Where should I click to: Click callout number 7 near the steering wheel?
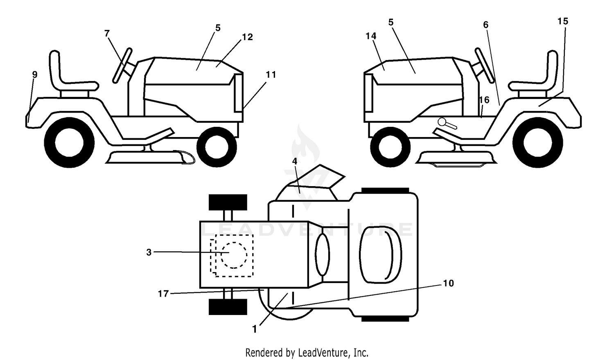coord(107,34)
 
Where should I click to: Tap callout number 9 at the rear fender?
coord(34,74)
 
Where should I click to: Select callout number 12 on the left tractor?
coord(247,37)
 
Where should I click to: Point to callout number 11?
coord(271,74)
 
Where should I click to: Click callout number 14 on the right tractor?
coord(371,36)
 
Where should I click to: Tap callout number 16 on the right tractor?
coord(484,100)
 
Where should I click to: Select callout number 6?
coord(486,25)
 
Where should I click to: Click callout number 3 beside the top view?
coord(149,252)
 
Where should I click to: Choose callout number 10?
coord(449,283)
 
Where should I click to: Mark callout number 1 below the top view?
coord(255,329)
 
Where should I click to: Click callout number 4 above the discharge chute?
coord(295,161)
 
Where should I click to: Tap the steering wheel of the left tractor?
coord(122,65)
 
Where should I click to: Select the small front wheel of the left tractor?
coord(217,147)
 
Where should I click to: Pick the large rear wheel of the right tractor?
coord(537,142)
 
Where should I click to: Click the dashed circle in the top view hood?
coord(234,255)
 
